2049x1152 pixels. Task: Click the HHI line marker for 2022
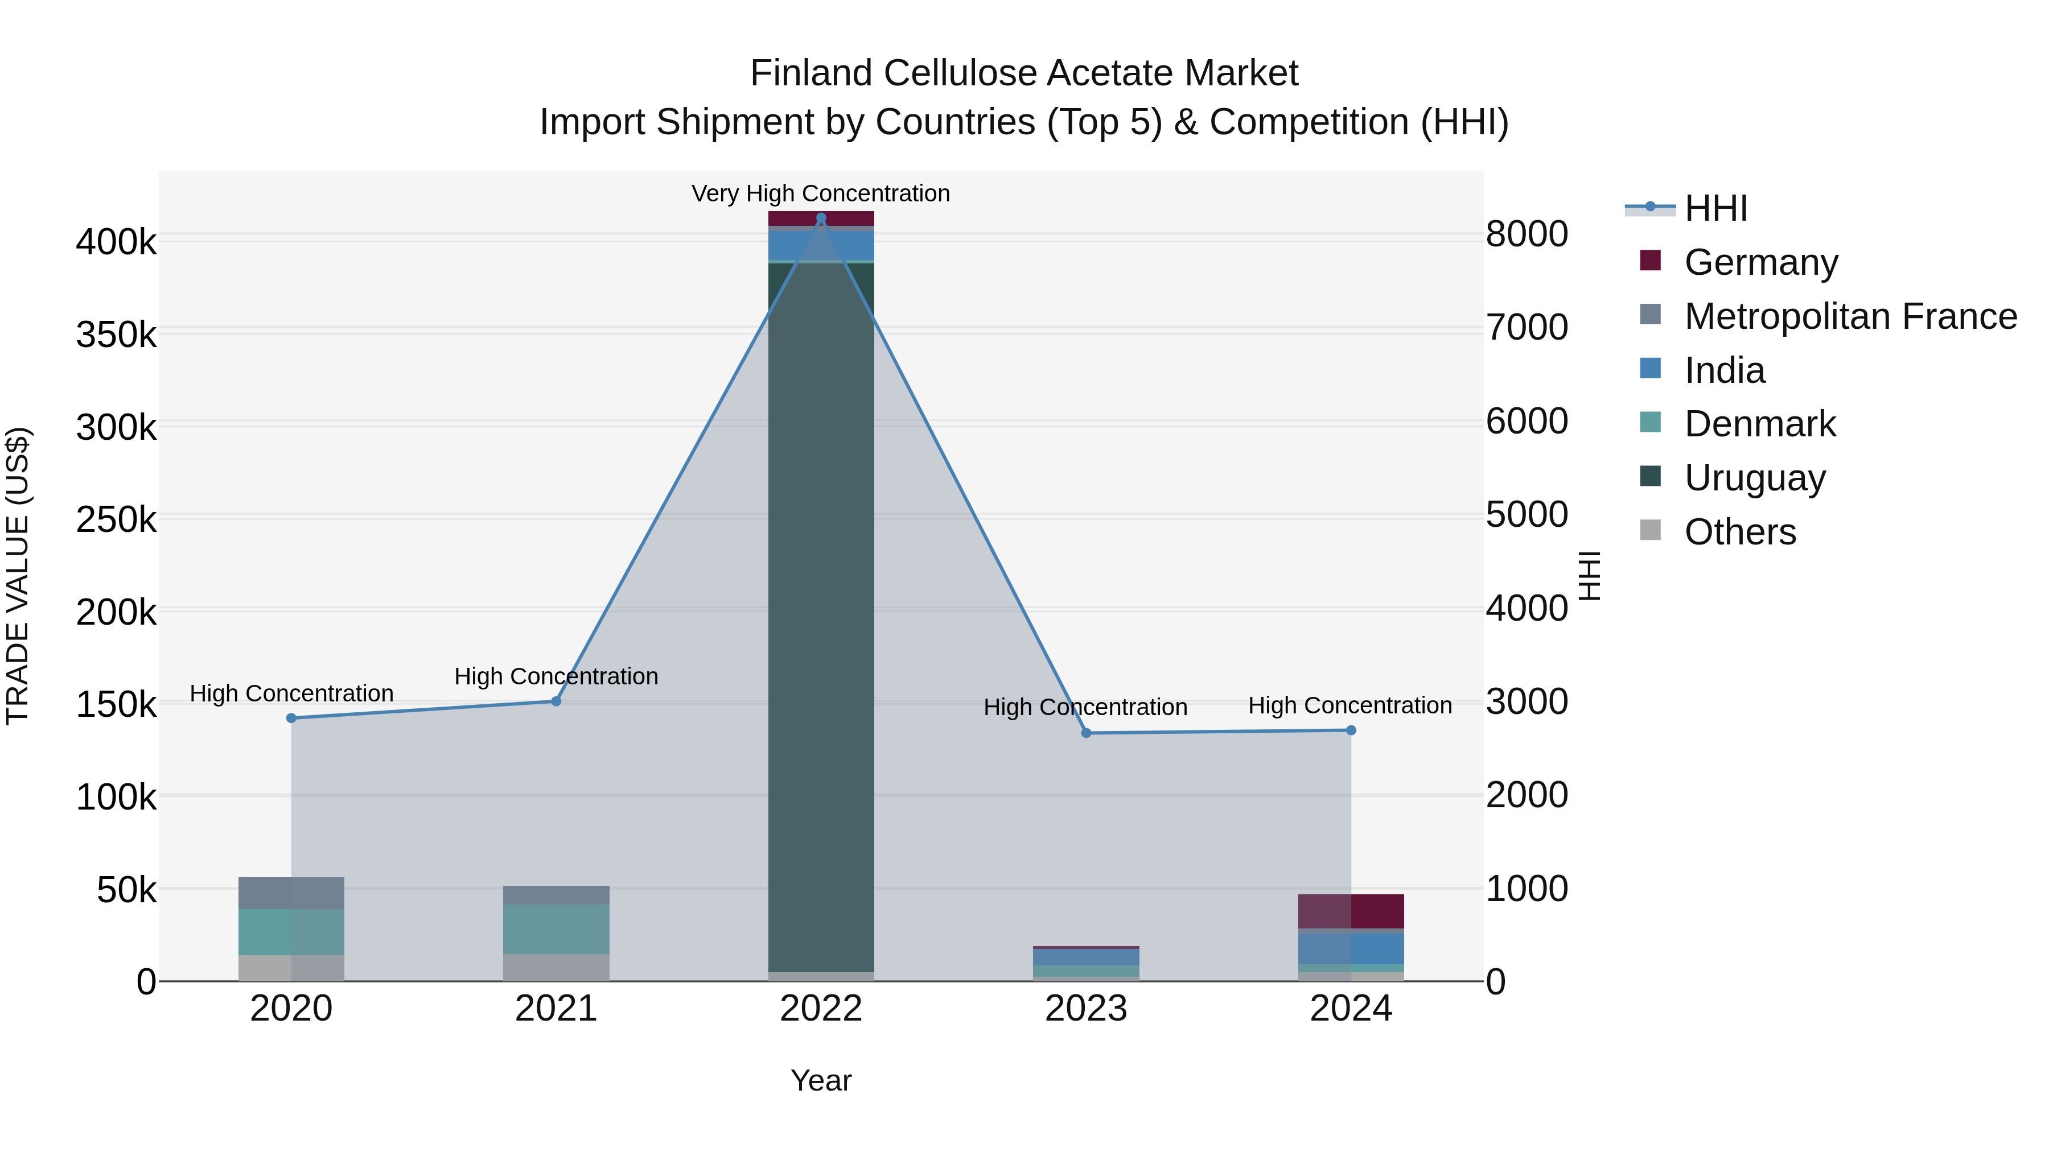[821, 218]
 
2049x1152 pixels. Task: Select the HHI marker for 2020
[291, 718]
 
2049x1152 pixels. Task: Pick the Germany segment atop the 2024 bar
[1351, 911]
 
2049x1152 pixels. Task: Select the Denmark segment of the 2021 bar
[556, 928]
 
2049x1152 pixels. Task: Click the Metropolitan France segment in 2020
[291, 893]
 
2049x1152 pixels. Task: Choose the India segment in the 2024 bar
[1351, 948]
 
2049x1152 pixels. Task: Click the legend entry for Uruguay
[1754, 478]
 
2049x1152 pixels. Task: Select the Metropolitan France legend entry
[1849, 316]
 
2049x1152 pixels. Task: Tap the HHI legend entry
[1715, 208]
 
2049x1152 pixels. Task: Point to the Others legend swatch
[1651, 530]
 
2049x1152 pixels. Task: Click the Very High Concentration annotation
[821, 193]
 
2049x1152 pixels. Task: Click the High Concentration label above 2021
[556, 676]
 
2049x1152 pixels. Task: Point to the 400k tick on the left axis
[116, 242]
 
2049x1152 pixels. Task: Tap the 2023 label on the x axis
[1086, 1009]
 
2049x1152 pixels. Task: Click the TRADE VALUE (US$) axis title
[18, 576]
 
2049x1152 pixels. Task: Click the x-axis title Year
[821, 1080]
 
